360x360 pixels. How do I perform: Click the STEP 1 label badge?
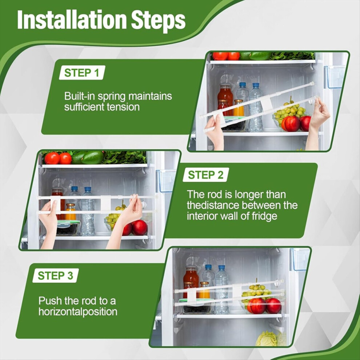pyautogui.click(x=82, y=73)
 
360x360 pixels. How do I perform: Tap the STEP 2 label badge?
pyautogui.click(x=206, y=175)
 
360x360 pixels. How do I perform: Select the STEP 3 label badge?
pyautogui.click(x=56, y=276)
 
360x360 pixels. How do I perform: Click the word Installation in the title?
pyautogui.click(x=72, y=20)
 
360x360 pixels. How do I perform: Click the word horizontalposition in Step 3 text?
pyautogui.click(x=78, y=312)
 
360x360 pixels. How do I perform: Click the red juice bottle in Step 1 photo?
pyautogui.click(x=225, y=96)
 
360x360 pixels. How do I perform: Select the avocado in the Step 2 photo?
pyautogui.click(x=92, y=157)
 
